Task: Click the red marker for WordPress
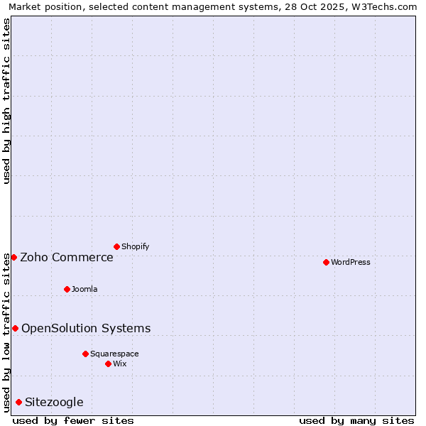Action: pos(326,262)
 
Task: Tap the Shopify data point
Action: pos(116,246)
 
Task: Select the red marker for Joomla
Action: pos(67,289)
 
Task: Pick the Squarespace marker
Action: pos(85,354)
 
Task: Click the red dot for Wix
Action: pos(108,364)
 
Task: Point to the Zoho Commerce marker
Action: pos(13,257)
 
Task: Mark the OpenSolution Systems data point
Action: pos(15,328)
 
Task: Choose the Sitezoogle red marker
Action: pos(18,402)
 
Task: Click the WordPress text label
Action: pos(351,262)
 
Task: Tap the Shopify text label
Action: pos(135,246)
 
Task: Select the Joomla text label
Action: pos(84,289)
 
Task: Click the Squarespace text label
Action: pos(114,354)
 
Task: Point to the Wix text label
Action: pos(120,364)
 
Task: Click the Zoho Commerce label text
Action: pos(67,257)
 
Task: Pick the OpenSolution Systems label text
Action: pos(86,328)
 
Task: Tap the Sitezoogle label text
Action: pos(54,402)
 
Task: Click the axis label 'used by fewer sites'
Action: pos(73,420)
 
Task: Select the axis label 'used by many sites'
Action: pos(356,420)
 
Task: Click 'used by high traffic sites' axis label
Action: pos(6,101)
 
